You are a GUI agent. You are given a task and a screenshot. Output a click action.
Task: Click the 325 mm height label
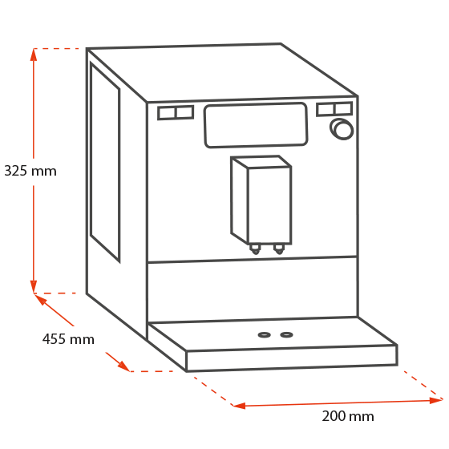coord(30,171)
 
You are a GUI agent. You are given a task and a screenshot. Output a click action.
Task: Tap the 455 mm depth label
coord(68,339)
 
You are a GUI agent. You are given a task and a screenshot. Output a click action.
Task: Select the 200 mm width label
coord(348,416)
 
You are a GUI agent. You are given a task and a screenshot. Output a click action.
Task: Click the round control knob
coord(342,129)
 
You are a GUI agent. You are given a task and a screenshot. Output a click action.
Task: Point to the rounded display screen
coord(256,125)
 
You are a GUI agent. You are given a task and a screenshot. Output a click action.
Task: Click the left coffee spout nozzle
coord(255,249)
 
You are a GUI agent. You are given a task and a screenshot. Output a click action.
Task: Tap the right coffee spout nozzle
coord(279,249)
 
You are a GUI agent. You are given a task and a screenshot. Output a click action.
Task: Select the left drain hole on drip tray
coord(264,335)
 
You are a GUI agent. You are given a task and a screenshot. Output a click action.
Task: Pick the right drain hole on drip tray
coord(286,334)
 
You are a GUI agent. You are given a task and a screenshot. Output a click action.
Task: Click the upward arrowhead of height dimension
coord(34,55)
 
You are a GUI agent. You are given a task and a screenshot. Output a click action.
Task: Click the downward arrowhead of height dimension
coord(34,286)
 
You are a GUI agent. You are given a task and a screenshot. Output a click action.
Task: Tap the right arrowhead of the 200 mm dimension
coord(436,400)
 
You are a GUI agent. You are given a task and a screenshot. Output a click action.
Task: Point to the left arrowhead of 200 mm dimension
coord(239,406)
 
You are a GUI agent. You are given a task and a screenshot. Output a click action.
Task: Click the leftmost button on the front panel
coord(167,113)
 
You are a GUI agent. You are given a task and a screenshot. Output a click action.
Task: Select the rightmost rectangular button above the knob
coord(343,108)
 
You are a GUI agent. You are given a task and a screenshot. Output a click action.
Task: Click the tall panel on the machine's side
coord(105,162)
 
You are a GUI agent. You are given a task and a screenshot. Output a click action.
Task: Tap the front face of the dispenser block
coord(269,205)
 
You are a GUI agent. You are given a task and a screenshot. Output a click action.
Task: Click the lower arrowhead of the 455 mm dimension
coord(123,366)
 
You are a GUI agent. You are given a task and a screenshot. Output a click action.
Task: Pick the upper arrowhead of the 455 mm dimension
coord(40,299)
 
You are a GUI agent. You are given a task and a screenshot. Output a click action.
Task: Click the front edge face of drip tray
coord(292,358)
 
